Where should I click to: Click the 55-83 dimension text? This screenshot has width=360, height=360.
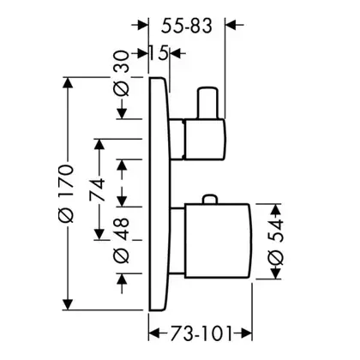coord(187,26)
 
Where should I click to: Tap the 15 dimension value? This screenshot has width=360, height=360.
coord(159,53)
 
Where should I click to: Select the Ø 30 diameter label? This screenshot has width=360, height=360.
coord(121,73)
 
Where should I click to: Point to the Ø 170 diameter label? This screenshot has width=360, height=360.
coord(66,193)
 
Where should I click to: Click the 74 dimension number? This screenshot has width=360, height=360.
coord(97,189)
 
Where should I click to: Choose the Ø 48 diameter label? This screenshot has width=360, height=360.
coord(121,240)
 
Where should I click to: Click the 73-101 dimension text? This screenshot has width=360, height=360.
coord(201,333)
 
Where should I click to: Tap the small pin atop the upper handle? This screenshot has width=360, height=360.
coord(207,102)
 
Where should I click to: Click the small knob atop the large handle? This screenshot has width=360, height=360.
coord(210,200)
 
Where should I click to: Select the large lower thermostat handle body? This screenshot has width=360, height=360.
coord(219,241)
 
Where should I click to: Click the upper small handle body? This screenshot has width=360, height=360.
coord(205,139)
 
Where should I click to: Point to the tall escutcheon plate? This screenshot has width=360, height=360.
coord(159,194)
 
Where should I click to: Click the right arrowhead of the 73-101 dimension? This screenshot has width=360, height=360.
coord(245,333)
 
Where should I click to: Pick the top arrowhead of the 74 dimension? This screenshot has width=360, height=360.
coord(99,146)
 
